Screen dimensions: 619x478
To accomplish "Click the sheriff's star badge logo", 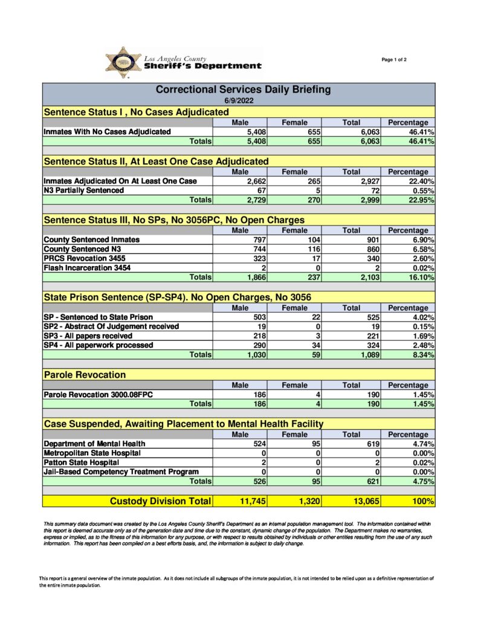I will click(123, 62).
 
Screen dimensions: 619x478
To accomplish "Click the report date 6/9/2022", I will click(239, 100).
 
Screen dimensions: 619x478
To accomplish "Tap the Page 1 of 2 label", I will click(394, 59).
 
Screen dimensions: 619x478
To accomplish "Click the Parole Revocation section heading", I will click(85, 375).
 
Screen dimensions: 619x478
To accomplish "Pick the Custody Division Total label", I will click(160, 501).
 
